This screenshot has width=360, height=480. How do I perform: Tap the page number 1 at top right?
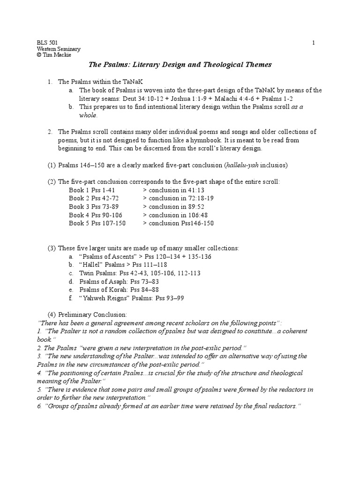coord(314,43)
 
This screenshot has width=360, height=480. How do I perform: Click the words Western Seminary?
coord(59,49)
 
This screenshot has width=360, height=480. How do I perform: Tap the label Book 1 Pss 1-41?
coord(91,190)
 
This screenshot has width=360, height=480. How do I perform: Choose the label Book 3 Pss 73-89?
coord(93,207)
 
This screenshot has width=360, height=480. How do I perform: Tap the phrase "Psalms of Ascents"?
coord(106,256)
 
